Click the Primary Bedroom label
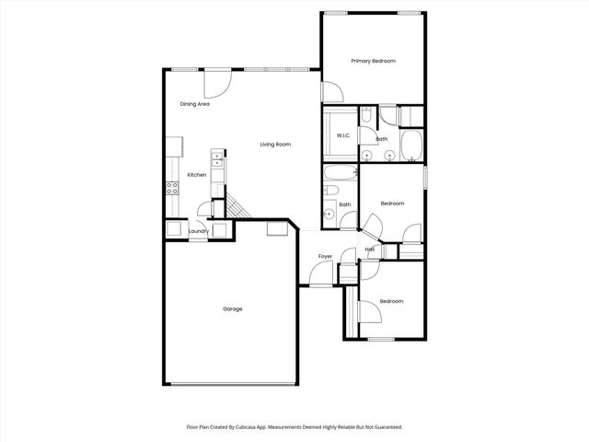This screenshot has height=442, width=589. (x=373, y=61)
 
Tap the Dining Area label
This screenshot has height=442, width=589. (x=194, y=104)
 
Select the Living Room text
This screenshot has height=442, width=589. (x=275, y=145)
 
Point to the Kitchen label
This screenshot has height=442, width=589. (x=197, y=175)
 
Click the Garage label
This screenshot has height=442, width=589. (x=233, y=308)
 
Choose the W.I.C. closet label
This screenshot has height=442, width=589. (x=343, y=136)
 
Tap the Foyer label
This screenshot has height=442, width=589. (x=326, y=256)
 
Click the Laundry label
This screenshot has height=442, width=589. (x=199, y=231)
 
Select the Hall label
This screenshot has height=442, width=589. (x=369, y=250)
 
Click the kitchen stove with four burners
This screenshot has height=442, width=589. (x=172, y=189)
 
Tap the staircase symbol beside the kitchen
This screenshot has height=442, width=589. (x=237, y=210)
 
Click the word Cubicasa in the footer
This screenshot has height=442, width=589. (x=263, y=427)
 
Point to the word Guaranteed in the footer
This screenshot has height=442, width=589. (x=385, y=427)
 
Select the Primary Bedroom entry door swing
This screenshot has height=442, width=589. (x=331, y=92)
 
